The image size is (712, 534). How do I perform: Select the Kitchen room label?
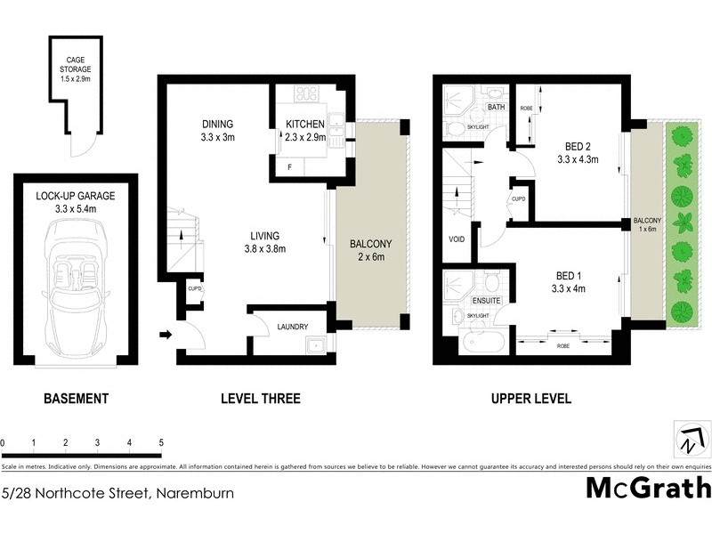[305, 124]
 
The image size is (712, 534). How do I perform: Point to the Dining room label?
[218, 124]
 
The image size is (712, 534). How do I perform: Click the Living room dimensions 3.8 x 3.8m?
[266, 249]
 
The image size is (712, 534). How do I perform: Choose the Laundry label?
[293, 327]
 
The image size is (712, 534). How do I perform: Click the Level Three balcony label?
[370, 244]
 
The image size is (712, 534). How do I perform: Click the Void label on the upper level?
[456, 239]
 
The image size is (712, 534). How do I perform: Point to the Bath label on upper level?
[496, 109]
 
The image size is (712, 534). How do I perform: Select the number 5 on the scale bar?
[161, 442]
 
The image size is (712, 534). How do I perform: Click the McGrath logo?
[648, 488]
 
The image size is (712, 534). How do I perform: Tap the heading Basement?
[77, 399]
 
